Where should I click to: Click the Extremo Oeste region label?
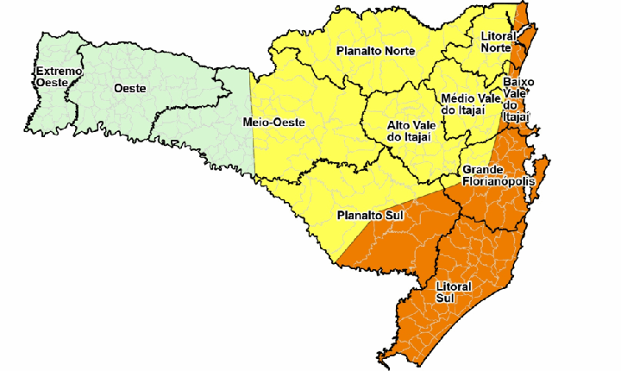click(58, 76)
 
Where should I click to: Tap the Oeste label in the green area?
click(129, 88)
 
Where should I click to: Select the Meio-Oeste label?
click(273, 123)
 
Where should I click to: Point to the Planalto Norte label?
click(376, 51)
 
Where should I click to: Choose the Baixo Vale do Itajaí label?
click(517, 98)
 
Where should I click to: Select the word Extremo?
click(58, 70)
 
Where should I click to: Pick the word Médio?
click(456, 97)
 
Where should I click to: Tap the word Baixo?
click(518, 81)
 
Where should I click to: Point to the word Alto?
click(398, 124)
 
